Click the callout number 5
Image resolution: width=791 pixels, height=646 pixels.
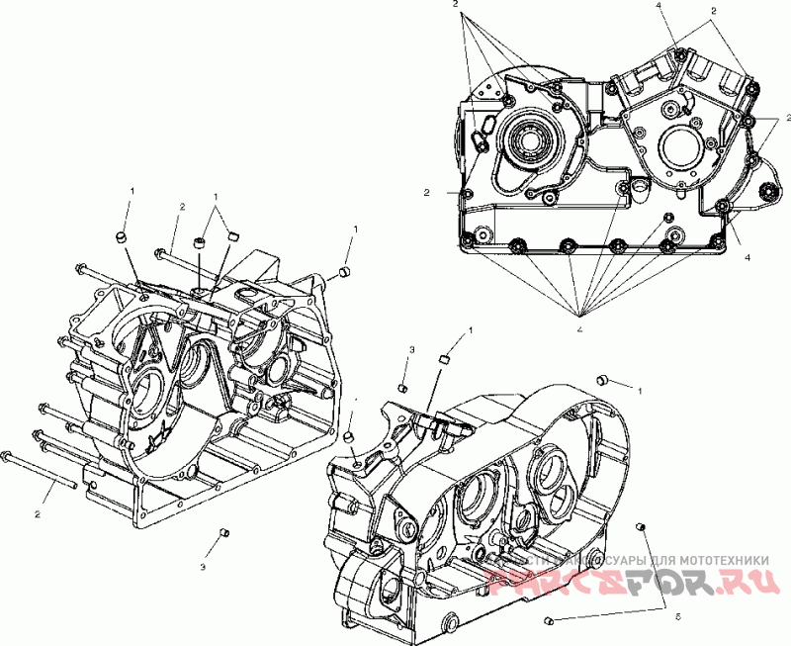677,616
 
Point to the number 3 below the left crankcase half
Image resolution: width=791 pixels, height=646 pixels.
204,568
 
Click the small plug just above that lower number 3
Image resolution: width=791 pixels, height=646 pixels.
223,534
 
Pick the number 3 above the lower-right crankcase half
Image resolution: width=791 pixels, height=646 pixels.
411,351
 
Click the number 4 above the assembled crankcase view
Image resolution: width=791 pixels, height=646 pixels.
658,6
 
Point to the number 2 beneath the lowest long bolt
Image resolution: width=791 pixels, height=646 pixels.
38,515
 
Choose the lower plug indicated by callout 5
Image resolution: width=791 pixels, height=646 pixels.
547,620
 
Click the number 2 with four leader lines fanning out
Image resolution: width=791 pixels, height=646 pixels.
456,6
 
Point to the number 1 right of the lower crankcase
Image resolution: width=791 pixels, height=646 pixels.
641,392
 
